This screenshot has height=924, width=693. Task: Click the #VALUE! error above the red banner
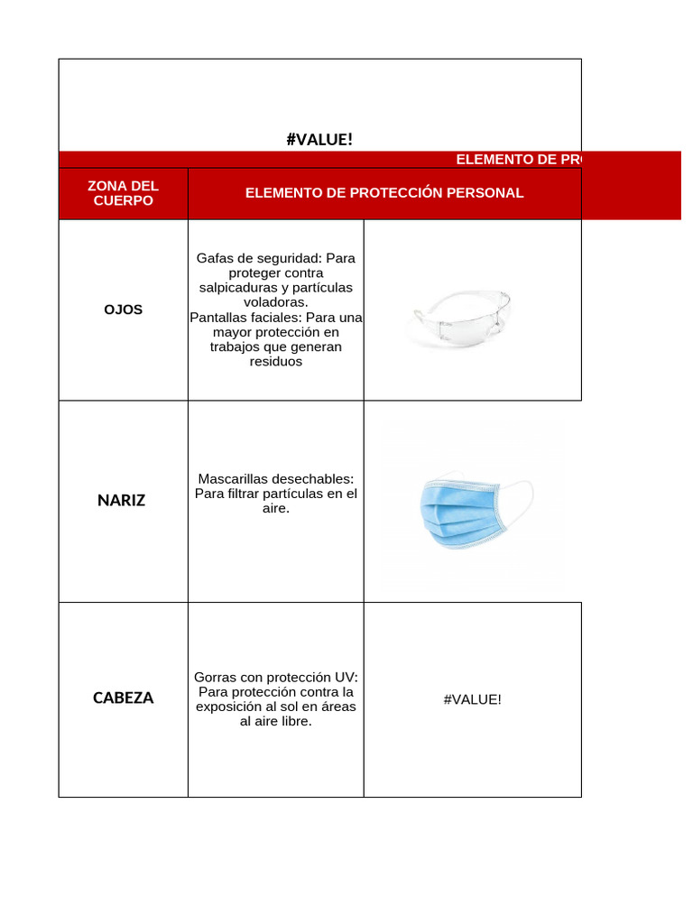319,139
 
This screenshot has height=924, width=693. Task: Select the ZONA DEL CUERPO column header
123,192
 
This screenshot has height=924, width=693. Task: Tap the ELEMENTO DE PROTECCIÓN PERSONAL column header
383,193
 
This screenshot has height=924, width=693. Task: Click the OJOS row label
123,310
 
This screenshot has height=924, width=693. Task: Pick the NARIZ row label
122,500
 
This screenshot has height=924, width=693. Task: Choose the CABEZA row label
123,698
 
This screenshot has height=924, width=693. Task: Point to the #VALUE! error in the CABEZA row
472,698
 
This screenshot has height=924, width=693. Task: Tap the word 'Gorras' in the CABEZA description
216,677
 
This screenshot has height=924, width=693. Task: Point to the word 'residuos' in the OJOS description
275,361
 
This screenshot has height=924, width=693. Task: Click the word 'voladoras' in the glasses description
275,302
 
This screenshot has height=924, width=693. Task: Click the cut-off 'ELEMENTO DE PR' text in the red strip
518,159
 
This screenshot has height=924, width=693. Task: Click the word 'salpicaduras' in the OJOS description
236,287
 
